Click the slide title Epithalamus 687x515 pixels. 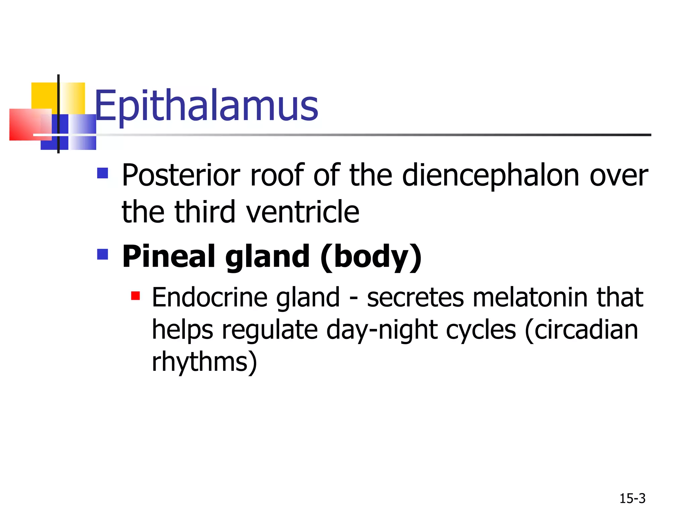(206, 106)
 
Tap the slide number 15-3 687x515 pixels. (632, 499)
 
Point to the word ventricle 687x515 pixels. (303, 212)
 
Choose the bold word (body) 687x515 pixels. (371, 256)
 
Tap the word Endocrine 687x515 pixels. (209, 297)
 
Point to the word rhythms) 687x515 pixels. (204, 362)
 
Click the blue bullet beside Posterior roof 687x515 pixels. (103, 173)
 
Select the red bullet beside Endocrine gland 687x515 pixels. (136, 296)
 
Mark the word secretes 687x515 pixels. (415, 297)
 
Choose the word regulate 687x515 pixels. (270, 330)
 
